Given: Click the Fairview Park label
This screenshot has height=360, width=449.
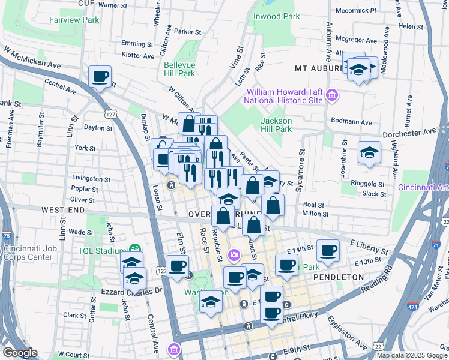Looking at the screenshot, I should [x=74, y=20].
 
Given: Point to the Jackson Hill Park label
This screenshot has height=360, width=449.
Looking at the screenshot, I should [x=276, y=124].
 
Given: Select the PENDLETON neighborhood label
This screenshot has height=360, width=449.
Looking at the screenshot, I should [x=338, y=277].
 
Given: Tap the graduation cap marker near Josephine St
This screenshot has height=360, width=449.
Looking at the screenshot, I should [x=369, y=152].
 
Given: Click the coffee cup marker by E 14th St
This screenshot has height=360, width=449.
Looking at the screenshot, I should [x=328, y=250].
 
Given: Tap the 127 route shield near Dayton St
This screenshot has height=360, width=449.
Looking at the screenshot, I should [x=109, y=113].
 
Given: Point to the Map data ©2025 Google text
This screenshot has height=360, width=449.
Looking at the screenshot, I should [x=411, y=355].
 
